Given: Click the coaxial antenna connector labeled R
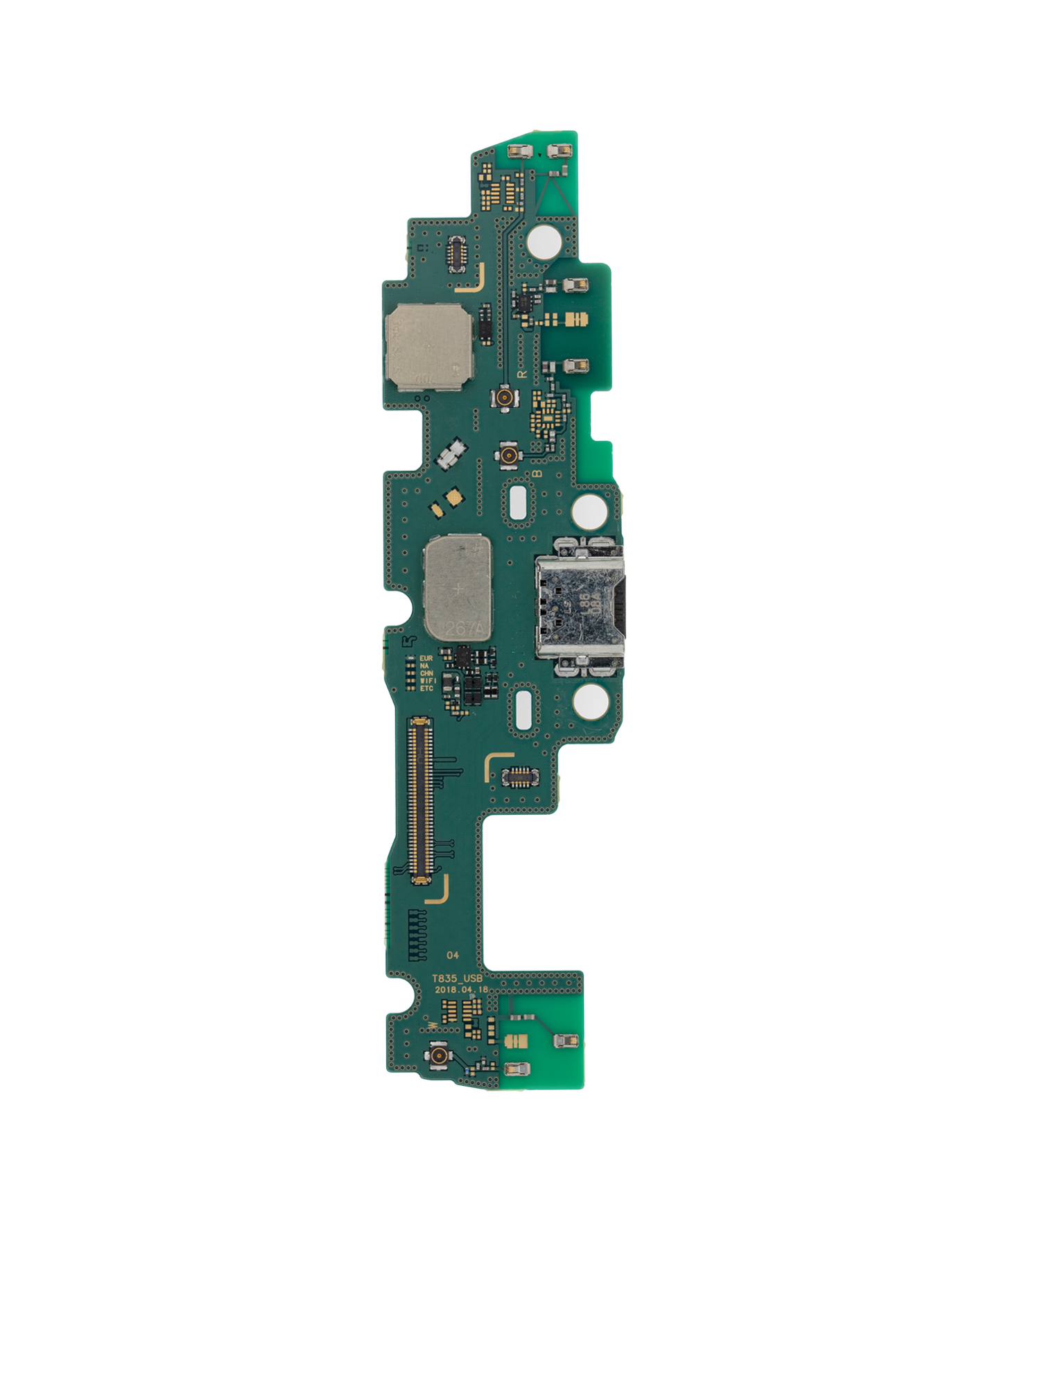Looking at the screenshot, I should tap(504, 398).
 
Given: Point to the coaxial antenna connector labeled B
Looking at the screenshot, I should tap(510, 456).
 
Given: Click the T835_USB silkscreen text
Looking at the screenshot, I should tap(457, 978).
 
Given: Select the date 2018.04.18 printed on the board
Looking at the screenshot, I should tap(461, 989).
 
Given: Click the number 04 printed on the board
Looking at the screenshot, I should tap(453, 955).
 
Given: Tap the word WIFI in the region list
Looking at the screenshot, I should tap(428, 681).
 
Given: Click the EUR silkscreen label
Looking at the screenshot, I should tap(426, 658).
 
